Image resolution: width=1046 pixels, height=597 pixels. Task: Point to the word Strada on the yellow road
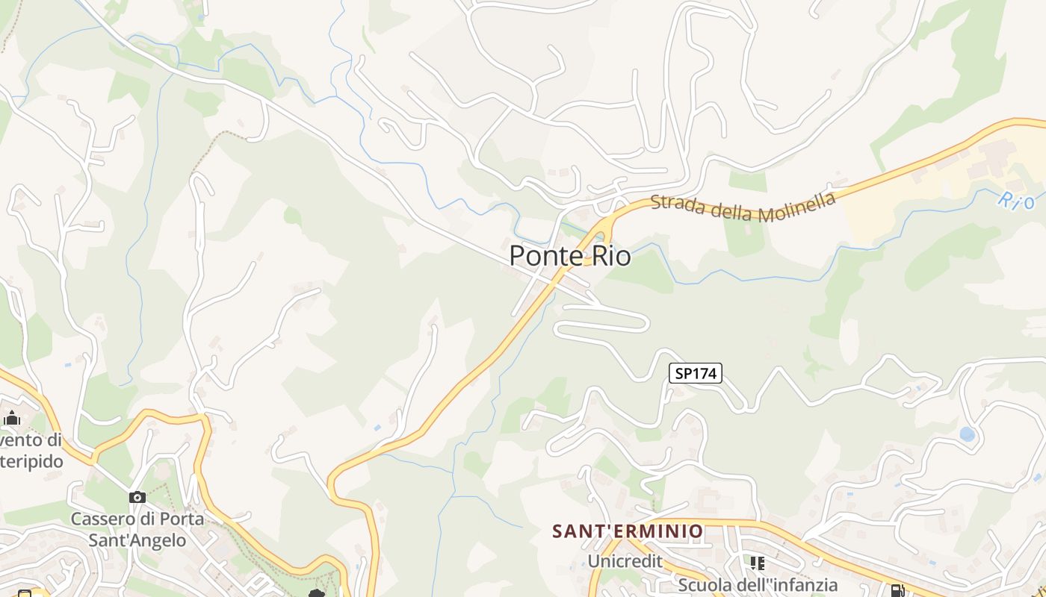(x=678, y=203)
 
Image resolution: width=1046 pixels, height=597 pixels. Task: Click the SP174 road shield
(x=696, y=374)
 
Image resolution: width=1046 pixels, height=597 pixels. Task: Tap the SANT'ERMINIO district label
(x=628, y=531)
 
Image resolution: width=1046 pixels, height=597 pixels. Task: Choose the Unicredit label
(x=625, y=560)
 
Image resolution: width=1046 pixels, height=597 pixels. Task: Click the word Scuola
(x=707, y=584)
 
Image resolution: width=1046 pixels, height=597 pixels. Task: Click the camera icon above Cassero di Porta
(x=137, y=497)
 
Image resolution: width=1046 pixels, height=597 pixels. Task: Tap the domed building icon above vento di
(x=11, y=418)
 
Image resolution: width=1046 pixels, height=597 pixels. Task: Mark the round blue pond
(x=967, y=434)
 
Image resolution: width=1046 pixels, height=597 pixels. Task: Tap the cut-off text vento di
(x=31, y=440)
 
